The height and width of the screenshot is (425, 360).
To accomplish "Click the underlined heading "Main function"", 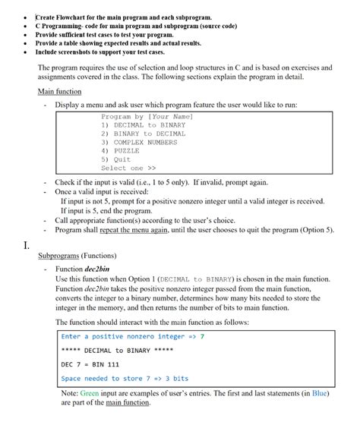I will coord(59,92).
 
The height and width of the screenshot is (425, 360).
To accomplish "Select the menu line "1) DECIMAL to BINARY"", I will coord(143,124).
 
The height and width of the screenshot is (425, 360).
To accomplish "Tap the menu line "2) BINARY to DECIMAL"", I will coord(143,134).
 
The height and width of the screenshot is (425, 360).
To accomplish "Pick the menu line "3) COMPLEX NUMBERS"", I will coord(139,142).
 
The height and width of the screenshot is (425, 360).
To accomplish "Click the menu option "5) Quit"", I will coord(116,159).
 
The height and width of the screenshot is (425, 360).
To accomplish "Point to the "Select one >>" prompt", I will coord(128,168).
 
